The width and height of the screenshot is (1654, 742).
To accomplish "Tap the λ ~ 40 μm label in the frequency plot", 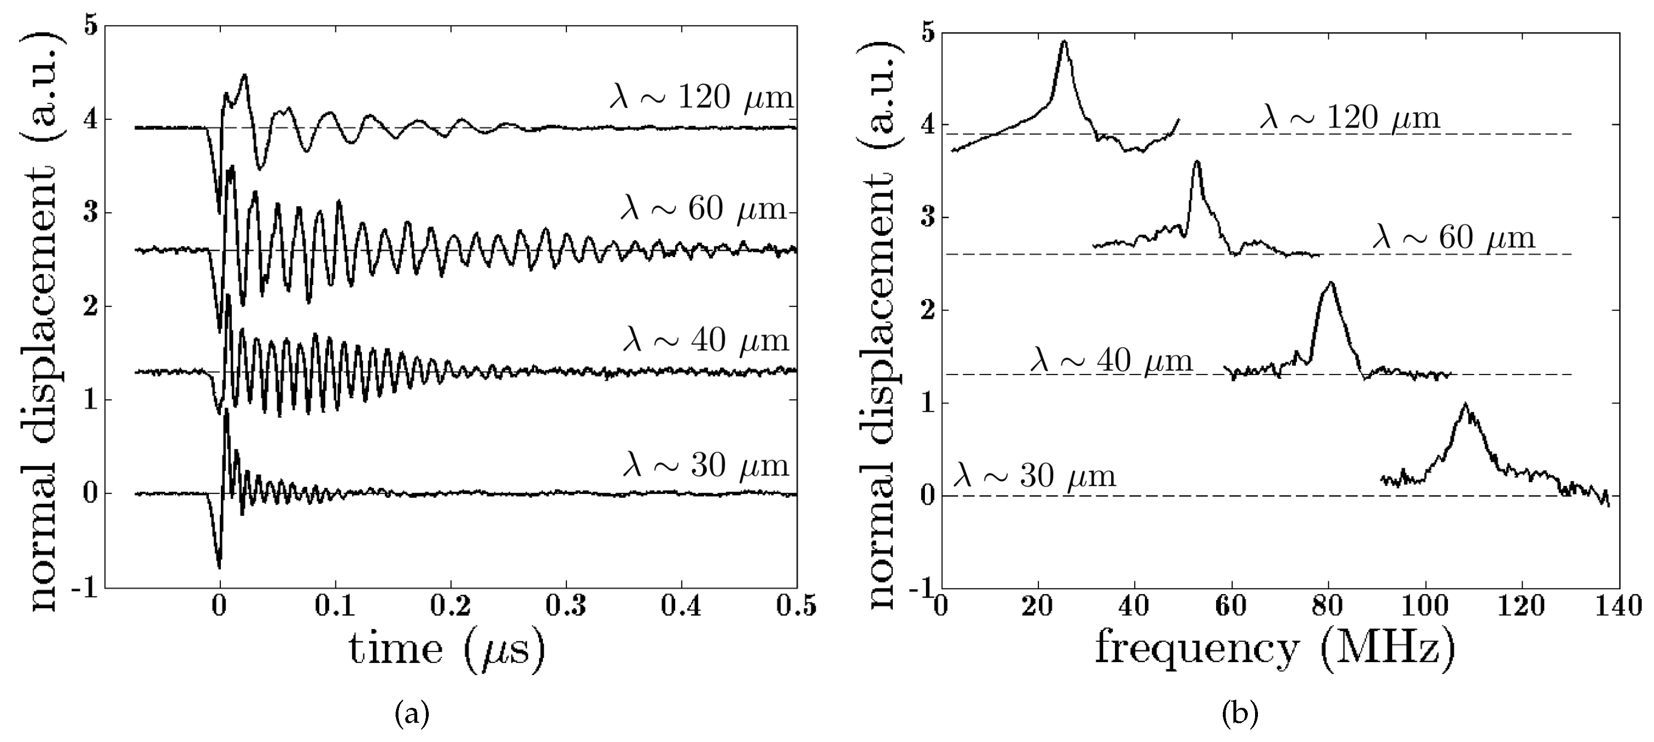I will coord(1111,360).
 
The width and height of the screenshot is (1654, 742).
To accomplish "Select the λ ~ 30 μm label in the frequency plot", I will coord(1034,476).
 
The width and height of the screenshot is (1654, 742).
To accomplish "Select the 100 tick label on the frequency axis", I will coord(1425,606).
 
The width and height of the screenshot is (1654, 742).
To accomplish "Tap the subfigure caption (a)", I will coord(411,714).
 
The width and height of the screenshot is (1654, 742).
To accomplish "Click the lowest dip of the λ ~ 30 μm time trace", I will coord(219,568).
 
